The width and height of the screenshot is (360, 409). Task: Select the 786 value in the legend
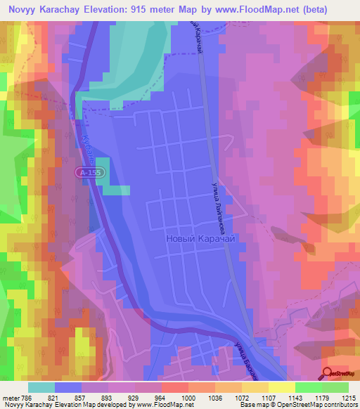pyautogui.click(x=27, y=398)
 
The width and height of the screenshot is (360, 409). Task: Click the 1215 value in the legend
pyautogui.click(x=349, y=398)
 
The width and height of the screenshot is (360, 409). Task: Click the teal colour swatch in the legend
pyautogui.click(x=41, y=387)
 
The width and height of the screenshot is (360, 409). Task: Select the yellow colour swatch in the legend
pyautogui.click(x=281, y=387)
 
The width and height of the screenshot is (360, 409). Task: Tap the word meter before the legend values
pyautogui.click(x=11, y=398)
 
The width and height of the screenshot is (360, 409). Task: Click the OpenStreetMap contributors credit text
pyautogui.click(x=310, y=405)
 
